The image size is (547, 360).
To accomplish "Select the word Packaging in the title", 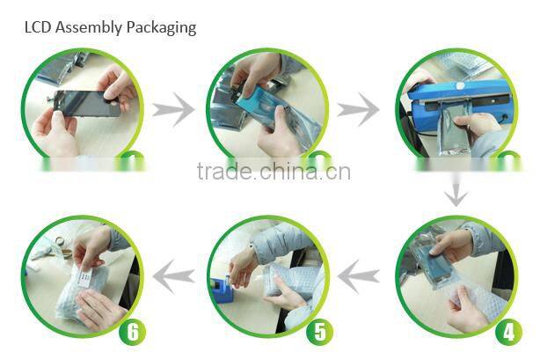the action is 161,28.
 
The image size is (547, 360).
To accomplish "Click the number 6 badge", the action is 132,331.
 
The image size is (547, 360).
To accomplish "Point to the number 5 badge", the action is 320,331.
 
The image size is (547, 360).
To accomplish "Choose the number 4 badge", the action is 508,331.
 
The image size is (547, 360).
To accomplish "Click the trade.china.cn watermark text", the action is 273,172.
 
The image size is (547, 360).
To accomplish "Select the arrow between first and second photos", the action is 173,110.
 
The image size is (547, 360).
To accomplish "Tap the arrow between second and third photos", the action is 358,110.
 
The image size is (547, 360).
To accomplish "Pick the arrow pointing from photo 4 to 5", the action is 359,276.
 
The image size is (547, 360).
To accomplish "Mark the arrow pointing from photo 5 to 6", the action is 174,276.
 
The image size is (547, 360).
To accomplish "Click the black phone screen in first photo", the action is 87,104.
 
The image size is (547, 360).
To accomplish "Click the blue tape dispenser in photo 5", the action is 221,288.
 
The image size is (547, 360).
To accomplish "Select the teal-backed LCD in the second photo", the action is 259,103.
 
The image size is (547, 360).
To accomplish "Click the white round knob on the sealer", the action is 461,85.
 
